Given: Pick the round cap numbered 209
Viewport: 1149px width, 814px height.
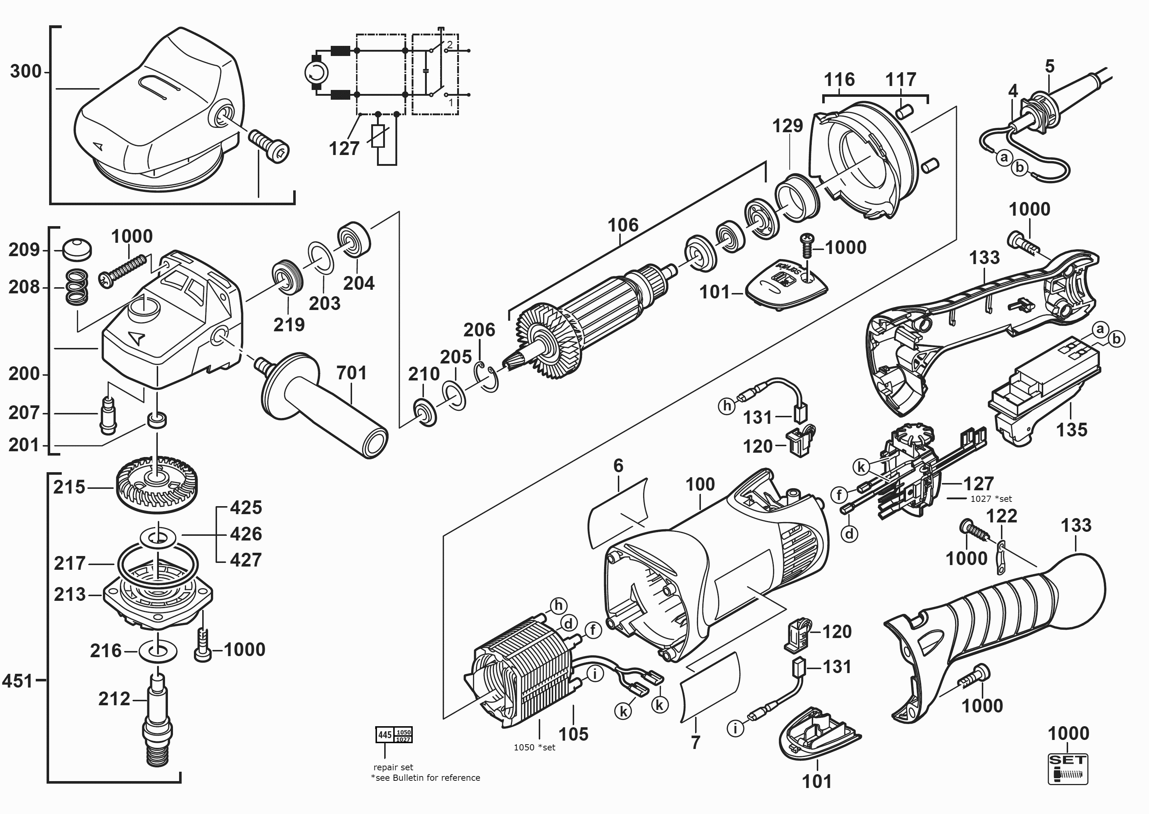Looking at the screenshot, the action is pos(77,249).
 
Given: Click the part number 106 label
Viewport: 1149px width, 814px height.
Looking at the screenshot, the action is pos(623,225).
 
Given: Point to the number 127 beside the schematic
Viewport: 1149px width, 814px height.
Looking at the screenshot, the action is pos(344,148).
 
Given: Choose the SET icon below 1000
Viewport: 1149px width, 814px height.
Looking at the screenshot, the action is pos(1067,769).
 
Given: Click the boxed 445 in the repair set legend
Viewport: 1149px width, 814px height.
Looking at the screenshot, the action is pos(385,735).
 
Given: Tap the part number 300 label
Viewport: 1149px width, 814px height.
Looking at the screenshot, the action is pos(26,72).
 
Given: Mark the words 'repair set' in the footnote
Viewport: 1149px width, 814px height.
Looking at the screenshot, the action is pos(393,767).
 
